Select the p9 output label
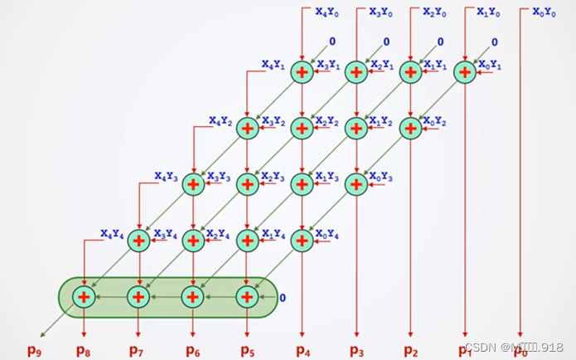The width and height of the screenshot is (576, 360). pos(34,350)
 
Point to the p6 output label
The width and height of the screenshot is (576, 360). pos(192,350)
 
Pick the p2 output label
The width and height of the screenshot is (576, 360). pos(411,350)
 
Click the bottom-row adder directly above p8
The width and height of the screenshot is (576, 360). pos(84,296)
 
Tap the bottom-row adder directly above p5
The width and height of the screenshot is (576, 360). pos(247,296)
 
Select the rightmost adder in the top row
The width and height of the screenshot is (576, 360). pos(465,72)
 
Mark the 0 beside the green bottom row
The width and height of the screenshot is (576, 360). pos(283,297)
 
